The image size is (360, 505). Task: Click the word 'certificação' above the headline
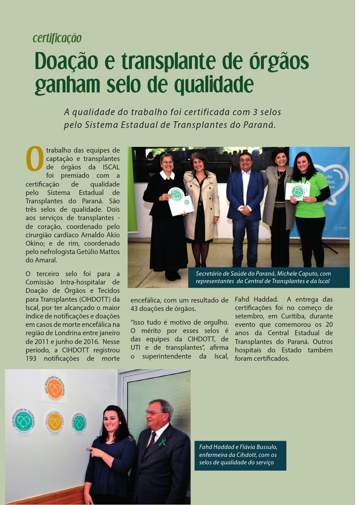coord(57,38)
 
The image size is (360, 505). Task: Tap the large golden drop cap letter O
coord(34,159)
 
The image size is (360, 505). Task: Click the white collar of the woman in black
coord(167,175)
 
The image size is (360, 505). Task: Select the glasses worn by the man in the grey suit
coord(154,413)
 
